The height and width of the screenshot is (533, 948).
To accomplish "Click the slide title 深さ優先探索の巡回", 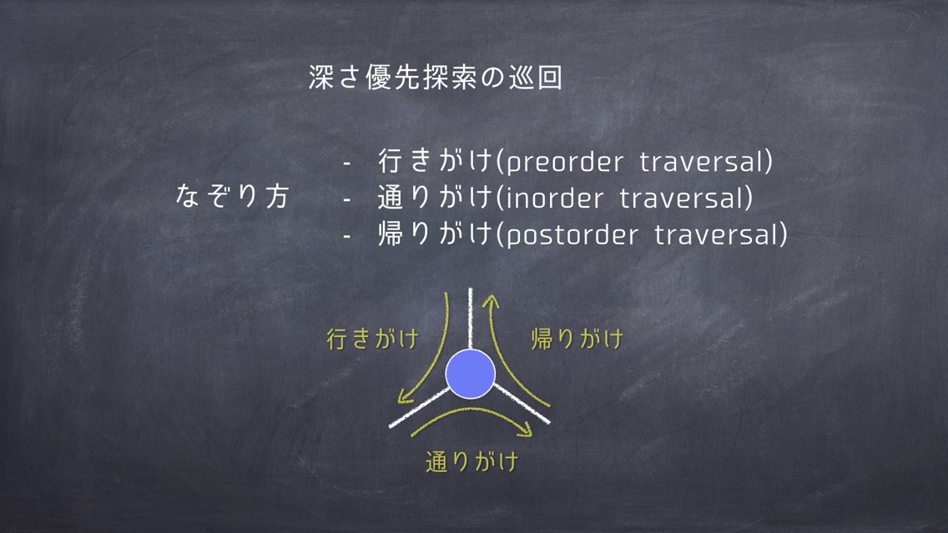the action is tap(436, 78).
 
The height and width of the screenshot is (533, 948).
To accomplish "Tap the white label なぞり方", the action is tap(233, 196).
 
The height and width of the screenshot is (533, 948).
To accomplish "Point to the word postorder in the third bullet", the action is tap(572, 235).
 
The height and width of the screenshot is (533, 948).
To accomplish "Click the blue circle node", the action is tap(471, 374).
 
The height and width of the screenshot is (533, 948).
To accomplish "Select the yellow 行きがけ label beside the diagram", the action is tap(372, 339).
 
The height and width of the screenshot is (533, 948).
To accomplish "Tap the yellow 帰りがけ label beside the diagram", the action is tap(577, 339).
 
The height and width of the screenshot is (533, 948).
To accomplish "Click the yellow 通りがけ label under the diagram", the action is tap(472, 462).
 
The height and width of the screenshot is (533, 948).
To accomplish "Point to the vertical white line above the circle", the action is tap(471, 319).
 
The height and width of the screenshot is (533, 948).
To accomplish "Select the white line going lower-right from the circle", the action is tap(522, 403).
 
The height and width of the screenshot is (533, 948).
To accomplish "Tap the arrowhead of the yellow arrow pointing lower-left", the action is tap(405, 397).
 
